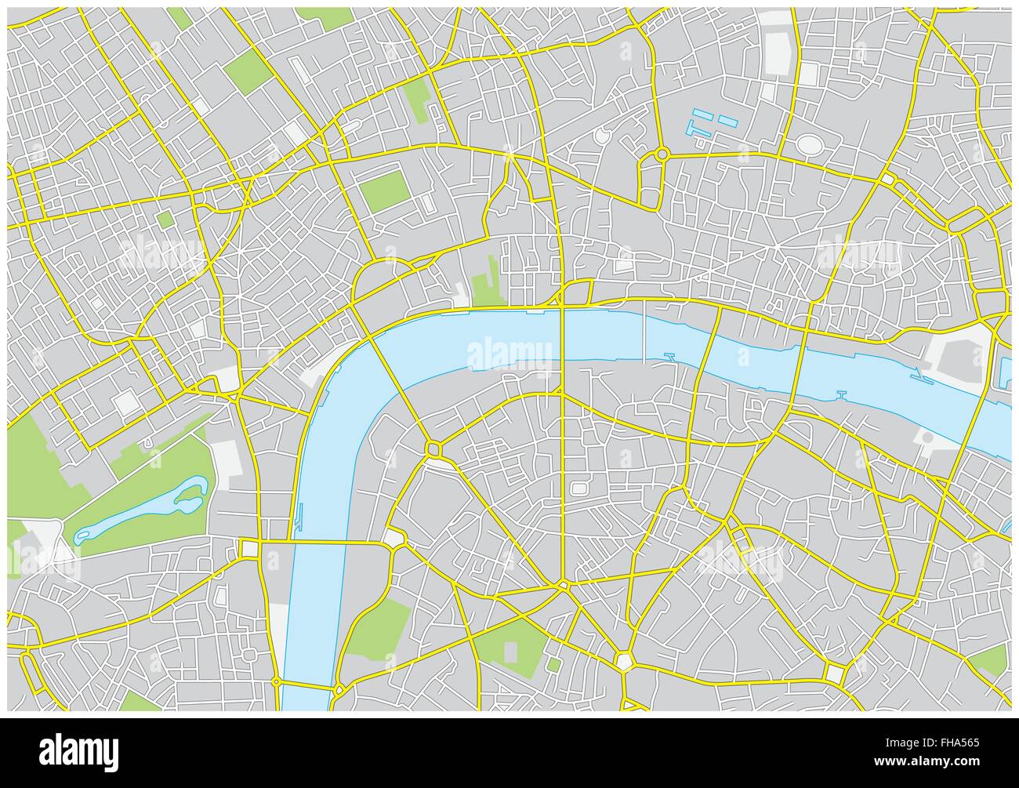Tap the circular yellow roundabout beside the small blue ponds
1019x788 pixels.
tap(662, 154)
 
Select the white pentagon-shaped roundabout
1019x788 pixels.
tap(625, 660)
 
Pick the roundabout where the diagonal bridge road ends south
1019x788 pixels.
tap(433, 448)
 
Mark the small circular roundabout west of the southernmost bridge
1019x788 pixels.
tap(277, 682)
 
